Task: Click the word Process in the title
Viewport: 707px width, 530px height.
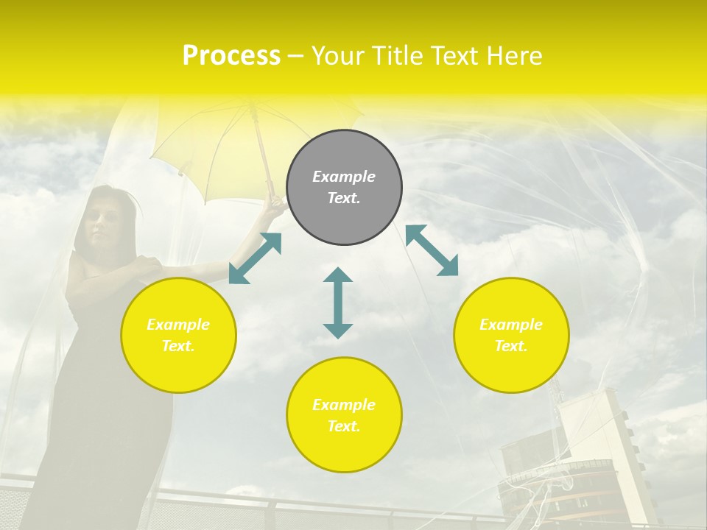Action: click(x=231, y=56)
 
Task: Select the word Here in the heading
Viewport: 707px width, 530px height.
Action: click(x=513, y=56)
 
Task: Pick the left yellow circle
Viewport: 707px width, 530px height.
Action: click(x=178, y=335)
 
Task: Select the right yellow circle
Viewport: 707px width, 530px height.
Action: click(x=510, y=335)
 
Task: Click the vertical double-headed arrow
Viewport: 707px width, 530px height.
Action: click(x=338, y=303)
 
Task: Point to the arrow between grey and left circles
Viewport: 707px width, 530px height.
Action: click(x=255, y=258)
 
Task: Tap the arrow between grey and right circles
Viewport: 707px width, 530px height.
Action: click(x=432, y=250)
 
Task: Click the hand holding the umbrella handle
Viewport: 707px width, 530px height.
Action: click(x=275, y=207)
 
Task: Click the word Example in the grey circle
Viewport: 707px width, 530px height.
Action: click(x=344, y=177)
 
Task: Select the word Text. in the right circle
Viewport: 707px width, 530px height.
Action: click(x=510, y=346)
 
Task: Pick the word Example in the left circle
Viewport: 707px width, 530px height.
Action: click(x=178, y=325)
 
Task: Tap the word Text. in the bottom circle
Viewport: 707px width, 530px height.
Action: click(x=344, y=426)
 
